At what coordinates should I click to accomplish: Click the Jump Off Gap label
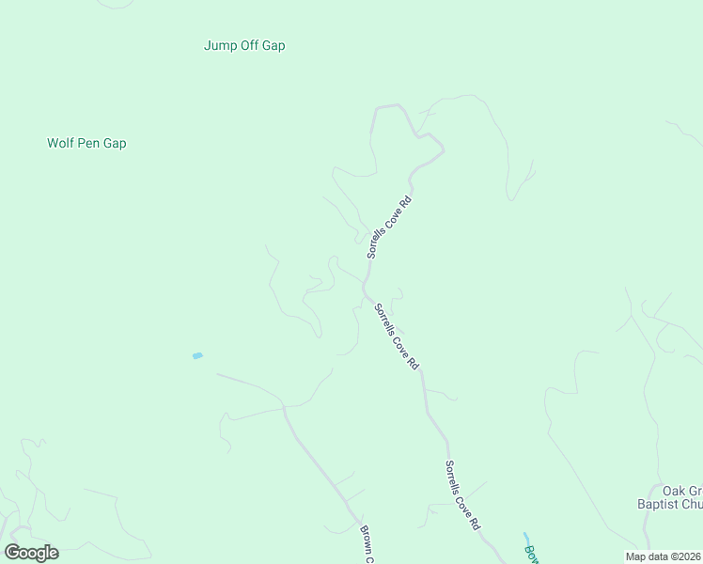click(x=244, y=45)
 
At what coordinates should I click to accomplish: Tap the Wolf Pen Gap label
click(x=86, y=144)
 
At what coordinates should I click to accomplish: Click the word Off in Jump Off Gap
click(x=249, y=45)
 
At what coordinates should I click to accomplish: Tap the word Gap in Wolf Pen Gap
click(x=115, y=144)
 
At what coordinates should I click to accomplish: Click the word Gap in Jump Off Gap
click(x=273, y=45)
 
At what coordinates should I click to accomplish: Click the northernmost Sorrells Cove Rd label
click(x=389, y=227)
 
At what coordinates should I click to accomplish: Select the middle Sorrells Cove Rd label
click(x=396, y=336)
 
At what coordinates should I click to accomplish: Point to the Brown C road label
click(x=367, y=544)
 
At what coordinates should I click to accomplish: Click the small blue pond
click(x=197, y=355)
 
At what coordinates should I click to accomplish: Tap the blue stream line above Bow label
click(x=525, y=538)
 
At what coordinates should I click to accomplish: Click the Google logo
click(x=31, y=553)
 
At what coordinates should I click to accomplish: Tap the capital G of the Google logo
click(x=12, y=552)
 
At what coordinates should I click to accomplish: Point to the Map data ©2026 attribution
click(x=663, y=556)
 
